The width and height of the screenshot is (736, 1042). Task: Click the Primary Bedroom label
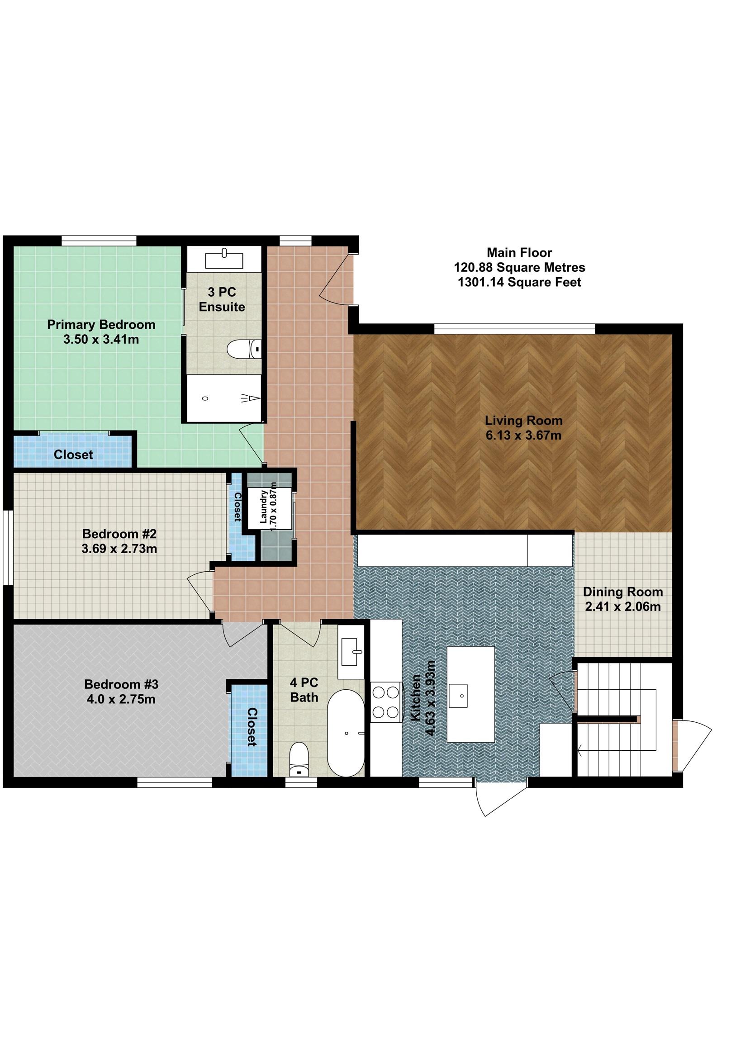click(101, 324)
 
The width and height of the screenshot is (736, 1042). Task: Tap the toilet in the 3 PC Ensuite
click(244, 350)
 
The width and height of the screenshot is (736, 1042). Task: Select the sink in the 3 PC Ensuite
click(224, 259)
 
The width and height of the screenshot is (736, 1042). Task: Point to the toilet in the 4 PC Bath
click(299, 759)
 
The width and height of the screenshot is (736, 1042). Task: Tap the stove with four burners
click(385, 702)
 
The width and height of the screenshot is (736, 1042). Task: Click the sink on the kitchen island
click(462, 696)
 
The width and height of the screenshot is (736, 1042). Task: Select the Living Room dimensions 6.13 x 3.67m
click(523, 435)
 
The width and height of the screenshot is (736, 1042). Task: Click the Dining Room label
click(622, 592)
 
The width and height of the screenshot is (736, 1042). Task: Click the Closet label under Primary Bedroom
click(73, 454)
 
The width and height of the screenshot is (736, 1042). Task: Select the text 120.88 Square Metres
click(519, 267)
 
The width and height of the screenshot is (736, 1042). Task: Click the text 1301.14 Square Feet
click(519, 282)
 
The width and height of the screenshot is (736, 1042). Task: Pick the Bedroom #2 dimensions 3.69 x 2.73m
click(119, 549)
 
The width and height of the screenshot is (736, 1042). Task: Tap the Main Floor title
click(519, 252)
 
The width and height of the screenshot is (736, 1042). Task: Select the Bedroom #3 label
click(121, 684)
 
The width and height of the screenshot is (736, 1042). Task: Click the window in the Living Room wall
click(514, 329)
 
